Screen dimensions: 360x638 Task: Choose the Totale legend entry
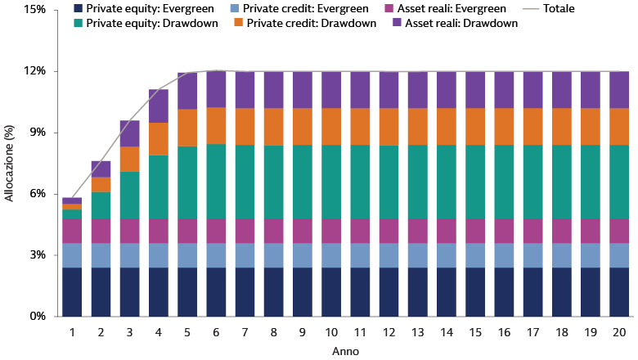click(556, 9)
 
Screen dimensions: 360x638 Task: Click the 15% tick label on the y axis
click(35, 11)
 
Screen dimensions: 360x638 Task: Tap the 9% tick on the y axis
click(38, 133)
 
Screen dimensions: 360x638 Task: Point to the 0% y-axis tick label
click(38, 316)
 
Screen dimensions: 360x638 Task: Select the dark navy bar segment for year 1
click(72, 291)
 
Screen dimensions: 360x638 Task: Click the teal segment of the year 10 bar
click(331, 182)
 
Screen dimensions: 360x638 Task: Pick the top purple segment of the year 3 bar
click(130, 133)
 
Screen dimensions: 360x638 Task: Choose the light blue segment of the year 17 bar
click(533, 255)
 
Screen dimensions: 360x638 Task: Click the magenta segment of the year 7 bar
click(245, 231)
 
